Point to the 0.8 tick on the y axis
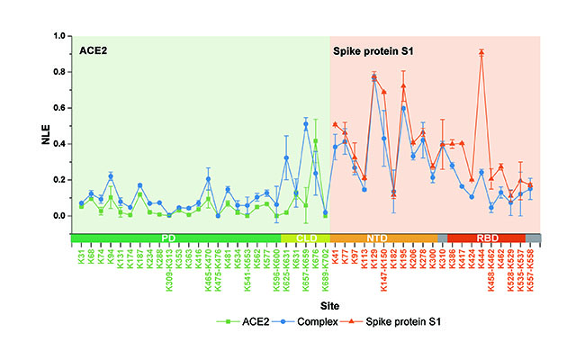click(x=64, y=72)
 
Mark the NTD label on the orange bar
click(x=382, y=238)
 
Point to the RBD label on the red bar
click(x=486, y=238)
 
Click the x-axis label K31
click(x=81, y=255)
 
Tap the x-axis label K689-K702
click(x=325, y=267)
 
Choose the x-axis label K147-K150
click(x=384, y=267)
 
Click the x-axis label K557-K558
click(x=531, y=267)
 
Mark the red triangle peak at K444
click(x=482, y=52)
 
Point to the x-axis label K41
click(x=336, y=255)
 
